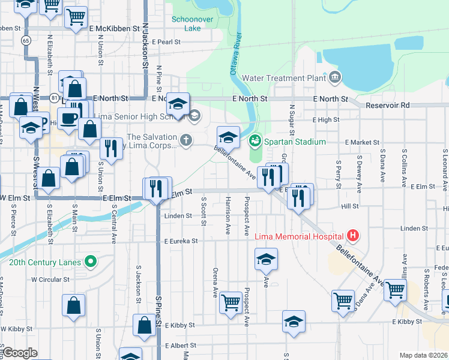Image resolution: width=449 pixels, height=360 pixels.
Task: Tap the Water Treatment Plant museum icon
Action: tap(335, 77)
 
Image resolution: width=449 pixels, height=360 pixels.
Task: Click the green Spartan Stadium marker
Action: tap(254, 142)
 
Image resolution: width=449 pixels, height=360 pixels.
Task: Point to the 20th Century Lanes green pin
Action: tap(91, 262)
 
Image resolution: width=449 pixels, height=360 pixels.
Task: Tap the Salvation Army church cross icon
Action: tap(187, 141)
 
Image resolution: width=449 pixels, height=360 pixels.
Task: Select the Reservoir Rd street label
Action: tap(388, 105)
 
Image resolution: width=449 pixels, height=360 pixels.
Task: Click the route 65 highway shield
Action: tap(25, 40)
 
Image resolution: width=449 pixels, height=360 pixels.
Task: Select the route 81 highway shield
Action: tap(55, 97)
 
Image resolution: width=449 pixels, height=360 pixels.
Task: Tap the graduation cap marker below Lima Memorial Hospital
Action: tap(266, 259)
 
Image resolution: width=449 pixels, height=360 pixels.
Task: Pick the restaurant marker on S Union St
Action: tap(110, 148)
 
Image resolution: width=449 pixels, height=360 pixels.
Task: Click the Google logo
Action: tap(20, 353)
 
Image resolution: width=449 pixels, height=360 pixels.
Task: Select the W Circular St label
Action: tap(51, 279)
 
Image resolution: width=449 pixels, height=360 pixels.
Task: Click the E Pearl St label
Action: tap(166, 42)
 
